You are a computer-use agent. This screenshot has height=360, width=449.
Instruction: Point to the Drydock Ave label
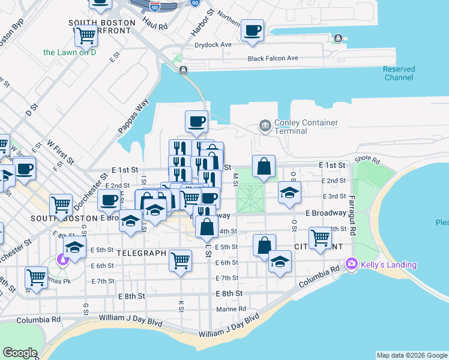pyautogui.click(x=213, y=45)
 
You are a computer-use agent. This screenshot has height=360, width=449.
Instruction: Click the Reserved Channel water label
pyautogui.click(x=399, y=73)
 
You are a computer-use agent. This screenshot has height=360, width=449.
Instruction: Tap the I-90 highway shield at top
pyautogui.click(x=155, y=7)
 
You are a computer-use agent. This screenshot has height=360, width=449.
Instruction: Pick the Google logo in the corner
pyautogui.click(x=20, y=353)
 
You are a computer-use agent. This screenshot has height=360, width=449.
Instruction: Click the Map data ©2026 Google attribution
pyautogui.click(x=412, y=355)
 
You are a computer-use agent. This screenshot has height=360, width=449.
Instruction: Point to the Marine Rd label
pyautogui.click(x=231, y=309)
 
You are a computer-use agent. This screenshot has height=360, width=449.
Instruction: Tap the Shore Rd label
pyautogui.click(x=367, y=161)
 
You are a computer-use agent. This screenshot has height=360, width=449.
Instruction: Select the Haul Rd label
pyautogui.click(x=155, y=25)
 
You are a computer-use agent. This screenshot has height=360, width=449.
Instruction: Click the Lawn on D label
pyautogui.click(x=70, y=52)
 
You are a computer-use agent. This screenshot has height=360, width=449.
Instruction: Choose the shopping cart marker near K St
pyautogui.click(x=181, y=260)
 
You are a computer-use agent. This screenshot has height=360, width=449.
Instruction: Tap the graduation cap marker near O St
pyautogui.click(x=289, y=193)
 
